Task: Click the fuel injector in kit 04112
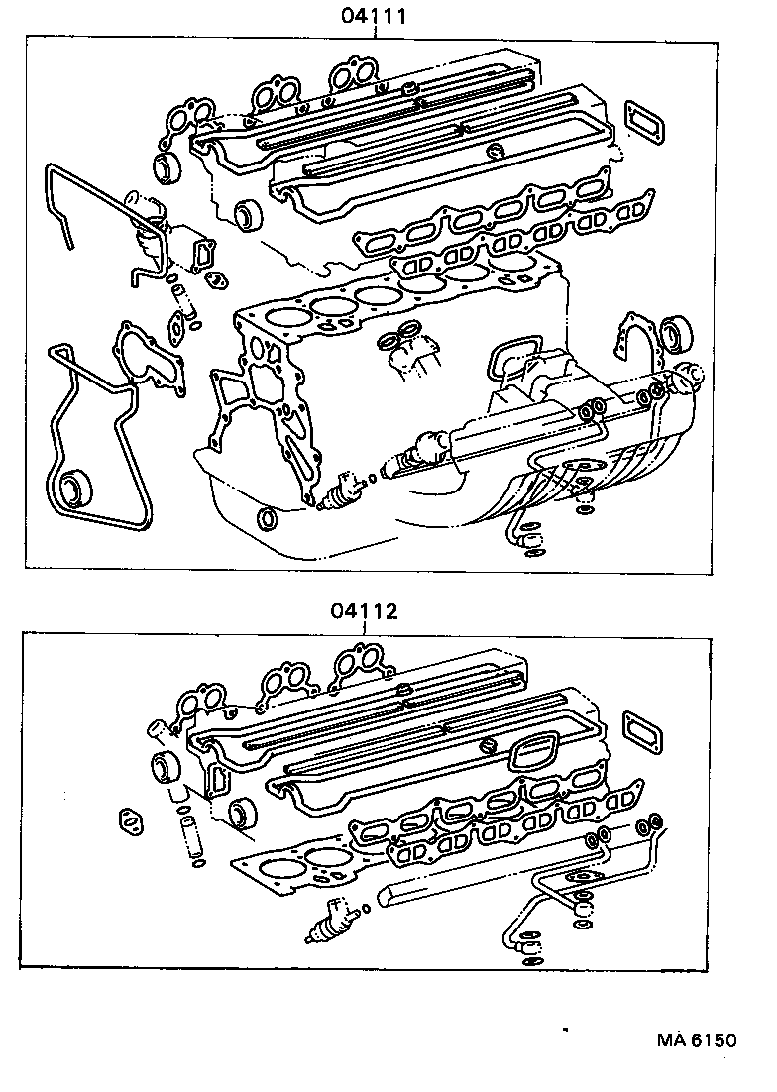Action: [x=334, y=921]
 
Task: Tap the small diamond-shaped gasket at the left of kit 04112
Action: [x=129, y=820]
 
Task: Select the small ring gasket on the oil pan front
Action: [x=266, y=519]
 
